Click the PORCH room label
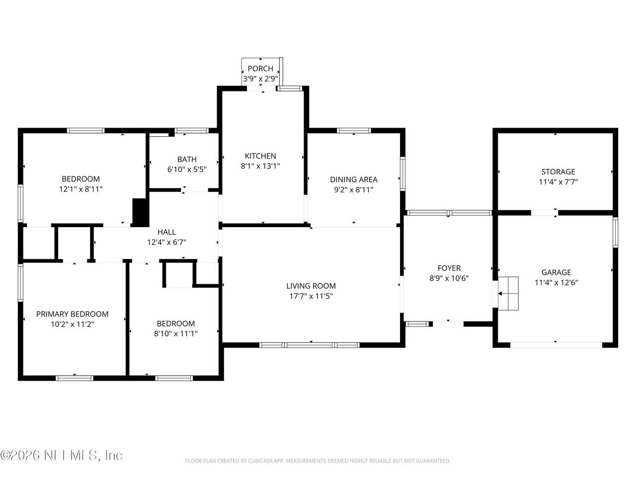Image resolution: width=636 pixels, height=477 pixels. [260, 69]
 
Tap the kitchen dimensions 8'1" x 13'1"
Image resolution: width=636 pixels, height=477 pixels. [260, 166]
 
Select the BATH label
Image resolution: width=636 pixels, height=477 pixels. [187, 159]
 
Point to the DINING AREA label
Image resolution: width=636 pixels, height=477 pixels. [353, 179]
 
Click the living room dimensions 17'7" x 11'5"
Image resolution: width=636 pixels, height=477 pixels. [311, 296]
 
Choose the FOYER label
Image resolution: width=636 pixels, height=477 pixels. [449, 268]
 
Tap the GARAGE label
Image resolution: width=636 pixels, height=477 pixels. [556, 272]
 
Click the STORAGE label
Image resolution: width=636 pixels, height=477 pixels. [558, 172]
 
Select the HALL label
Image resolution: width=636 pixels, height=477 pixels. [166, 232]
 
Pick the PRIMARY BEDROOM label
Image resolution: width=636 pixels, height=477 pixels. [72, 314]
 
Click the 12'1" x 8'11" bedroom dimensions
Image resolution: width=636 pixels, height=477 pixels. [81, 189]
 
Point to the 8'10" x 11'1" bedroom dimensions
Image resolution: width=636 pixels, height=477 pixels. [175, 333]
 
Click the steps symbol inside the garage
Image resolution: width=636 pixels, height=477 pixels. [508, 293]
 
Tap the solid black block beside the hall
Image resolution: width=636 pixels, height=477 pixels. [141, 212]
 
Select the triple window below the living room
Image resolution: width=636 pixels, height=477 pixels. [309, 345]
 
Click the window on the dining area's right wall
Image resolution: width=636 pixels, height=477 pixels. [402, 174]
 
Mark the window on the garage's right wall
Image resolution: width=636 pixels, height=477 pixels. [615, 232]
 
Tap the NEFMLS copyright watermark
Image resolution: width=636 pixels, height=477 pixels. [61, 455]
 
